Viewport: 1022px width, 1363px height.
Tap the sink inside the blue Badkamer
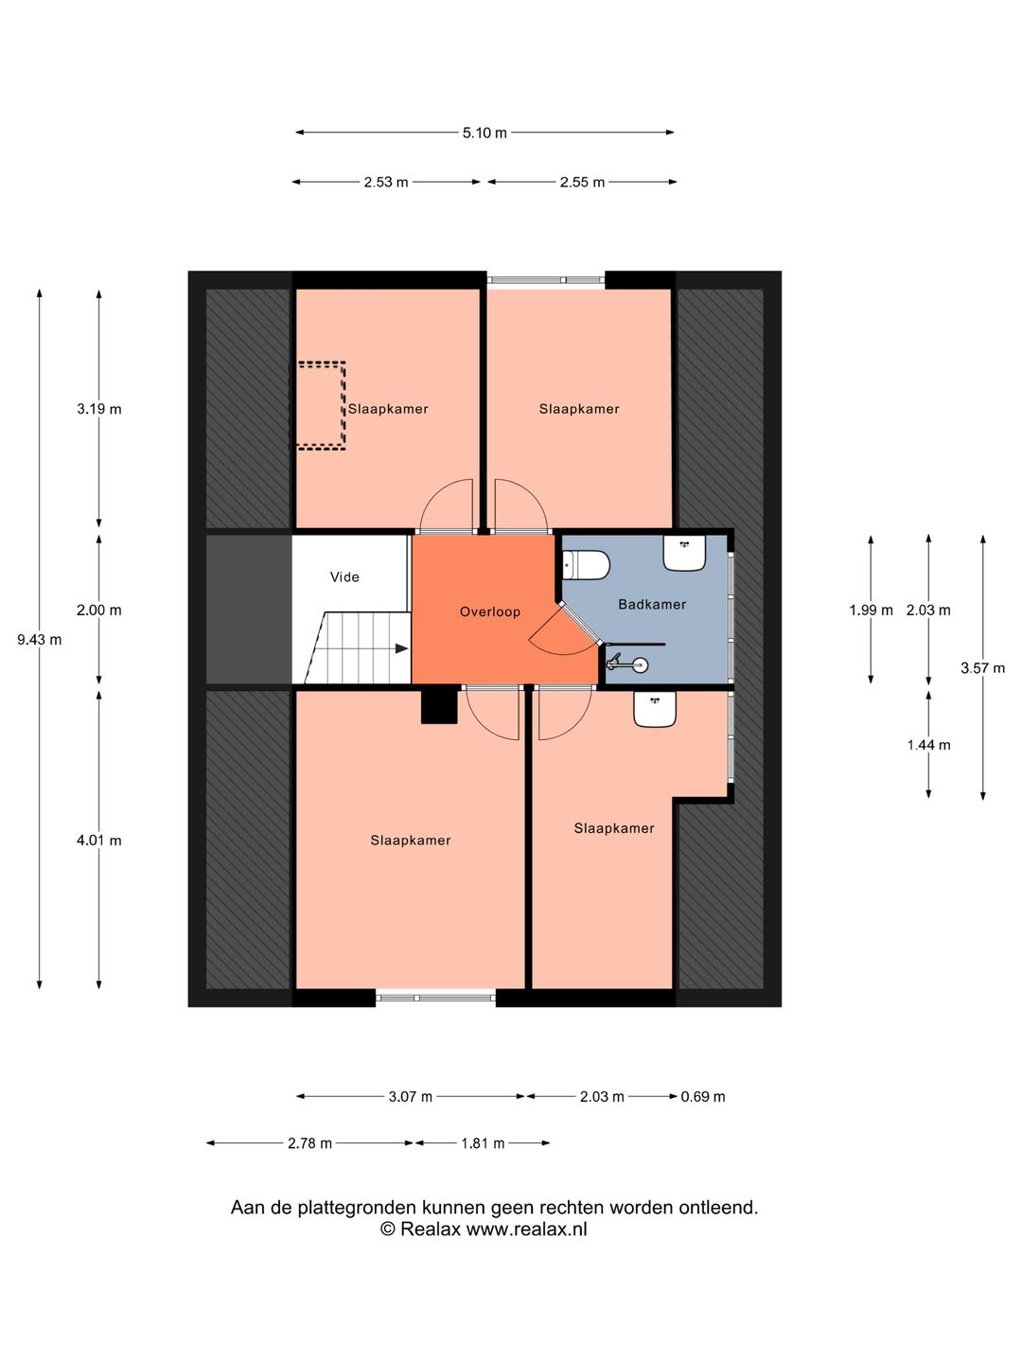click(684, 552)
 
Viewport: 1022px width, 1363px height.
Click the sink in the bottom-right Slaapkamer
click(654, 708)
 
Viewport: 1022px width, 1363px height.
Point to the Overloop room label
click(489, 611)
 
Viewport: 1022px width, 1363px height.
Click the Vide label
click(344, 576)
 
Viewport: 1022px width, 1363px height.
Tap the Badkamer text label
click(652, 604)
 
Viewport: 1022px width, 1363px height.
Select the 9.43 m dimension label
click(39, 640)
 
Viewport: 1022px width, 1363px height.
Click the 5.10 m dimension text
click(484, 133)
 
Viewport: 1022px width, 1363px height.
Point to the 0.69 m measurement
click(702, 1096)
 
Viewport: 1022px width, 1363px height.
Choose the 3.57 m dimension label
click(982, 668)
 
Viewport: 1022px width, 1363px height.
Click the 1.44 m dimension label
click(928, 745)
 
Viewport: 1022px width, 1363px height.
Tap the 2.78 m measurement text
click(309, 1142)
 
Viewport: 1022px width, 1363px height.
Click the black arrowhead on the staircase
click(401, 648)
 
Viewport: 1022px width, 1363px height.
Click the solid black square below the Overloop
click(439, 707)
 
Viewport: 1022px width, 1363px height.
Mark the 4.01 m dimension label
click(98, 841)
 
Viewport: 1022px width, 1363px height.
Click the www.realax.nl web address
click(526, 1229)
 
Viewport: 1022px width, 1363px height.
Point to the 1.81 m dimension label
click(483, 1142)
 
